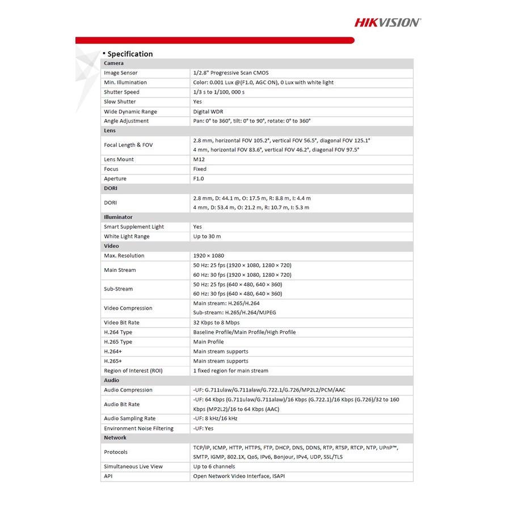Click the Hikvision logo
coord(387,22)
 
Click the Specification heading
coord(130,54)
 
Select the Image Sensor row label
coord(120,73)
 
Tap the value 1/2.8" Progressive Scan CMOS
coord(230,73)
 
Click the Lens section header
coord(109,130)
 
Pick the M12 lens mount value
coord(199,159)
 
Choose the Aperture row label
coord(115,179)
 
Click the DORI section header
coord(110,188)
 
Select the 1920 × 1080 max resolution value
coord(208,256)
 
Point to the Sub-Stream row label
coord(118,289)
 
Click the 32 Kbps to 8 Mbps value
coord(216,323)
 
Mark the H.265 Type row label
coord(118,342)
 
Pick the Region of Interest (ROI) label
coord(133,371)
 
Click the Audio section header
coord(111,381)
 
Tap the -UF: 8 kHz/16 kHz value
coord(215,419)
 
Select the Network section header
coord(115,438)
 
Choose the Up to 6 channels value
coord(214,467)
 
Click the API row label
coord(108,477)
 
